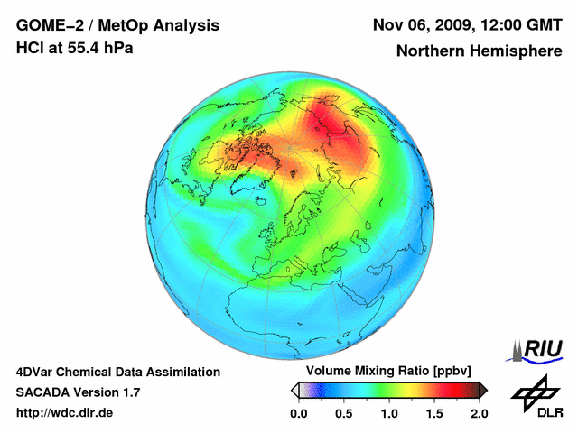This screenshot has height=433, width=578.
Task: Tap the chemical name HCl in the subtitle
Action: click(x=30, y=48)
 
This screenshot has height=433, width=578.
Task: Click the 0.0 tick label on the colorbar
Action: click(x=298, y=413)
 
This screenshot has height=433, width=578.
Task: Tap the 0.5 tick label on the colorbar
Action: click(x=343, y=413)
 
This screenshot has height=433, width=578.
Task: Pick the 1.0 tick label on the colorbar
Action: click(x=388, y=413)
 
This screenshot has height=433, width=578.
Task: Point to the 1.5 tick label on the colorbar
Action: click(x=433, y=413)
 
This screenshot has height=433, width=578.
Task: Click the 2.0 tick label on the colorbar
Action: click(x=479, y=413)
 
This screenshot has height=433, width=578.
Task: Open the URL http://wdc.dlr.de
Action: click(x=65, y=413)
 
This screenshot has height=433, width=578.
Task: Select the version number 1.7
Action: click(x=129, y=392)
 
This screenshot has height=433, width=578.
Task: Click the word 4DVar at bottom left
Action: click(x=35, y=372)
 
